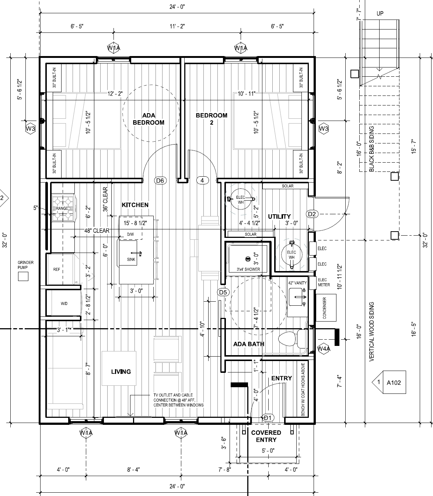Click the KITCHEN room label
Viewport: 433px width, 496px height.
[135, 205]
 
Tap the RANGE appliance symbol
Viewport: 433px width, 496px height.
[64, 208]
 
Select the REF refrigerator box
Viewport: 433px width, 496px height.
[60, 269]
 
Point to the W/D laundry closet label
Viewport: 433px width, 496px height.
[64, 304]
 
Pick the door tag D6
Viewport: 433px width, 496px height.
[160, 180]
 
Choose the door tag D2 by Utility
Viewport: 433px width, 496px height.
[312, 214]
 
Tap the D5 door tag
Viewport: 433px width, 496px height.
[223, 292]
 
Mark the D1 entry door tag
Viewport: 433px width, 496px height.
[268, 418]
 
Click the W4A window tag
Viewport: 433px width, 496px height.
[324, 349]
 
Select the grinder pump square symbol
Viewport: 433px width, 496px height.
[23, 276]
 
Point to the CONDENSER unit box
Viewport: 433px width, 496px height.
[326, 308]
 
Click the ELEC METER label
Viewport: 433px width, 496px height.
[324, 282]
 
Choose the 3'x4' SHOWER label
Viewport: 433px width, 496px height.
[248, 269]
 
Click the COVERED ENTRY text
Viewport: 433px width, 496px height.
[266, 436]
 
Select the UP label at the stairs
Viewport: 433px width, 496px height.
[380, 14]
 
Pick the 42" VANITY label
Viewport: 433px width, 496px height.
[297, 283]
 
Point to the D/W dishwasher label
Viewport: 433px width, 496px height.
[130, 235]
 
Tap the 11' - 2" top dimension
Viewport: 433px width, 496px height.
[177, 26]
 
